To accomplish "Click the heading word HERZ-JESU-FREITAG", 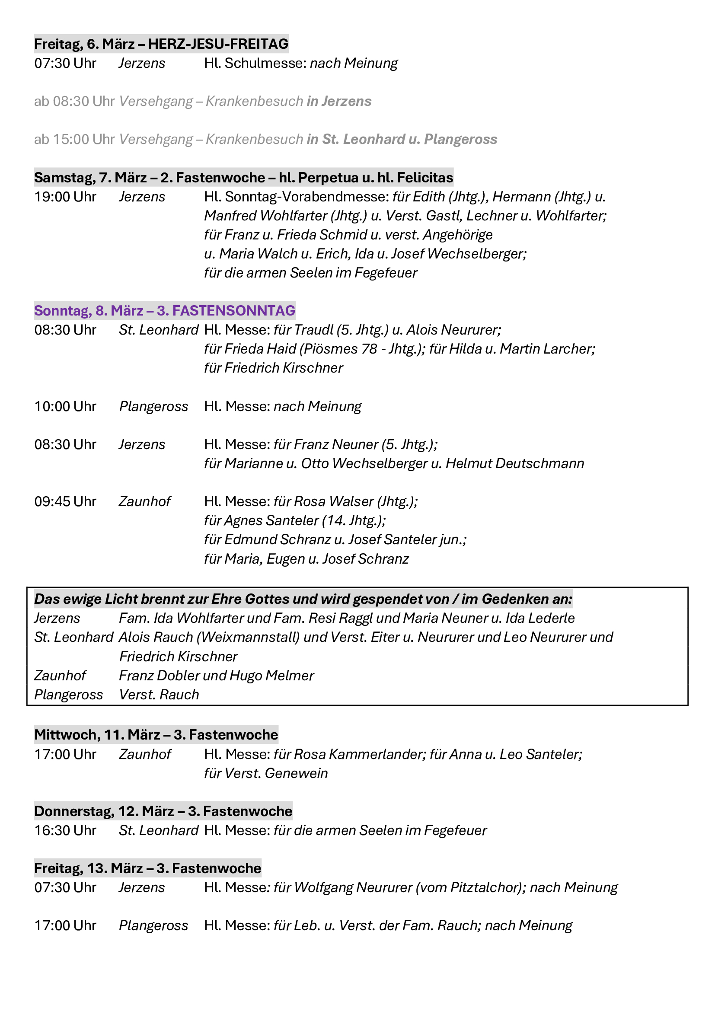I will [218, 44].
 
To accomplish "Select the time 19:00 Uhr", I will [65, 197].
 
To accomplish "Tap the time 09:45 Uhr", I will [65, 501].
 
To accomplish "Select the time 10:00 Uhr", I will [65, 406].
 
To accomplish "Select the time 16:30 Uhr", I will [65, 830].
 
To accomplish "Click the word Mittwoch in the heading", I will [67, 735].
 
